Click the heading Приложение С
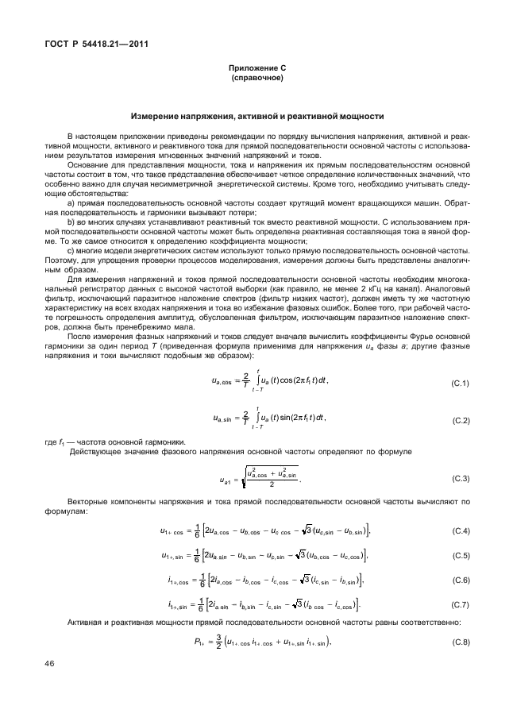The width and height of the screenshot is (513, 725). (256, 70)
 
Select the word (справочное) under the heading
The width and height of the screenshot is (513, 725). (256, 79)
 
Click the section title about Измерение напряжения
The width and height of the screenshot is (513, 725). (256, 116)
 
